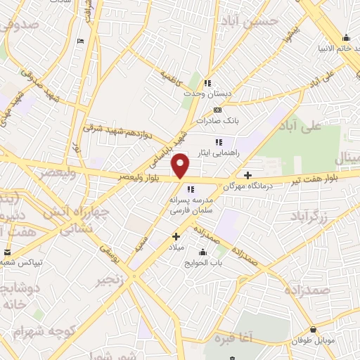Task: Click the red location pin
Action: coord(181,166)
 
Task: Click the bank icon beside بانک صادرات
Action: coord(217,110)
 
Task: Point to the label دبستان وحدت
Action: coord(207,93)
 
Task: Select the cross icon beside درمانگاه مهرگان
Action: coord(247,174)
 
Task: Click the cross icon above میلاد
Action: coord(176,237)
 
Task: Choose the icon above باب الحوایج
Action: coord(204,252)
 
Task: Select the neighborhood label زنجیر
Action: coord(113,281)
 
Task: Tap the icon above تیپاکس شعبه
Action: coord(8,252)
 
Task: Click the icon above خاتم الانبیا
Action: coord(346,38)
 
